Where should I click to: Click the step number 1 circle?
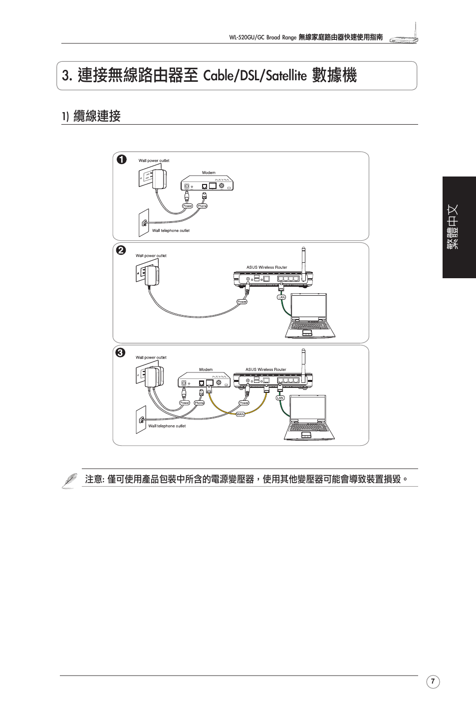tap(121, 160)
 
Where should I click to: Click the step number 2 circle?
tap(121, 250)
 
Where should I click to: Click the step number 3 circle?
tap(121, 353)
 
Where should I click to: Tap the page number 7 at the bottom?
tap(433, 682)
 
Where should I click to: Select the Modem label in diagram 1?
tap(209, 173)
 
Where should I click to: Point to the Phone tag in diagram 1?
tap(202, 205)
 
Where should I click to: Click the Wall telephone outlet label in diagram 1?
tap(171, 231)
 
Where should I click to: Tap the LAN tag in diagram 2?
tap(281, 297)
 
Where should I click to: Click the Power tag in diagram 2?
tap(242, 302)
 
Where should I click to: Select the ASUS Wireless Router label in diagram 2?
tap(266, 267)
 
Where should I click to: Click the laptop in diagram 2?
tap(307, 317)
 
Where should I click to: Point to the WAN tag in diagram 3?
tap(240, 414)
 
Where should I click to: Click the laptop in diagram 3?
tap(308, 418)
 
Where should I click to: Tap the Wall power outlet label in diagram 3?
tap(151, 357)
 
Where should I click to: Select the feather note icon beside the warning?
tap(69, 480)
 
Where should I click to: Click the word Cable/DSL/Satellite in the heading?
tap(255, 76)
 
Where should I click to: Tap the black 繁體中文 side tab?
tap(459, 227)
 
